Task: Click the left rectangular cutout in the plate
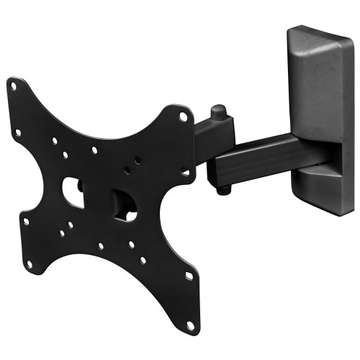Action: [73, 192]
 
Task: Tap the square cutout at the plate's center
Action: [123, 205]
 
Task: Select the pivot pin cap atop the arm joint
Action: [217, 113]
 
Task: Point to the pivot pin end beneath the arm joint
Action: [225, 189]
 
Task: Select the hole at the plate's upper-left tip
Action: [13, 86]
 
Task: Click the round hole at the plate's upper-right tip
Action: [184, 116]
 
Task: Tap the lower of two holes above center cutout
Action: [127, 172]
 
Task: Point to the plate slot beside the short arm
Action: [185, 172]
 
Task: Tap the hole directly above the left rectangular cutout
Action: [66, 155]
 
